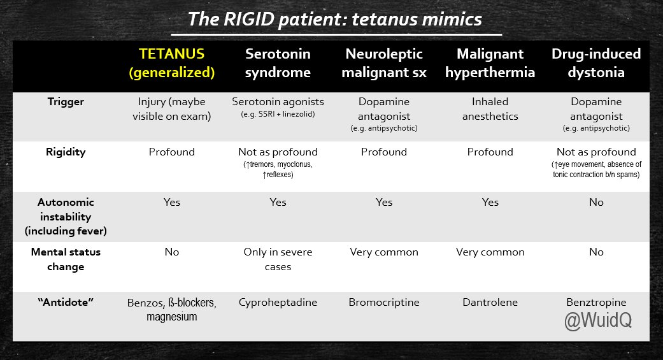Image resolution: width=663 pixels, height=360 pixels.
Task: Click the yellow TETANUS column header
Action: pos(172,63)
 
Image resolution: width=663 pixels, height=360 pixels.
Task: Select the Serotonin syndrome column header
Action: pos(278,63)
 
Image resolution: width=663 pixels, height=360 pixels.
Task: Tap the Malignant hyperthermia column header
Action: pos(490,63)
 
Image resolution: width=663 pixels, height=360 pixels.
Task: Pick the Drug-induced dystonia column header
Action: pos(596,63)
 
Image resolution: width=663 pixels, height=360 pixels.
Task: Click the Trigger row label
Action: pos(66,101)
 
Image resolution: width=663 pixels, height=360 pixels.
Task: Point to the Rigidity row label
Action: pos(66,152)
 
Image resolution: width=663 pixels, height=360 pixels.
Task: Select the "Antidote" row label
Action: pos(66,302)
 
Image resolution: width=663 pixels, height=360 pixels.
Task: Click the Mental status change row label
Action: pos(66,259)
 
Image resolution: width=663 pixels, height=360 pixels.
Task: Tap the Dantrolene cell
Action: pos(490,302)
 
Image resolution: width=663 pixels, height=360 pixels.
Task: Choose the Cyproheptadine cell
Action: pos(278,303)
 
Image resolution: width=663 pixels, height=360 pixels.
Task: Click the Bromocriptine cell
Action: pos(384,303)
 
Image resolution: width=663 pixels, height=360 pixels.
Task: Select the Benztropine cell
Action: pos(596,303)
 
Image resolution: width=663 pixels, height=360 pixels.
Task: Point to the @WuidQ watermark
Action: pos(598,320)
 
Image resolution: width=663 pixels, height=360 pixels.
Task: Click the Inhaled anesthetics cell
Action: pos(490,109)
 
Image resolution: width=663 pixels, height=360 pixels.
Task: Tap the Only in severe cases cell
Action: pos(278,259)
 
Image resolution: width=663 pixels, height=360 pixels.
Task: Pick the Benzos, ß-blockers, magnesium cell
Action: pos(172,309)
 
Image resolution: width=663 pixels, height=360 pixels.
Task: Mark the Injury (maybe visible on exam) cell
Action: pos(172,109)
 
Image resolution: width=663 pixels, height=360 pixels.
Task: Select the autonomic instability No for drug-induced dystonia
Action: pos(596,202)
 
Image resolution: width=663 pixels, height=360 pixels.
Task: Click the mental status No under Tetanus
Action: pos(172,252)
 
